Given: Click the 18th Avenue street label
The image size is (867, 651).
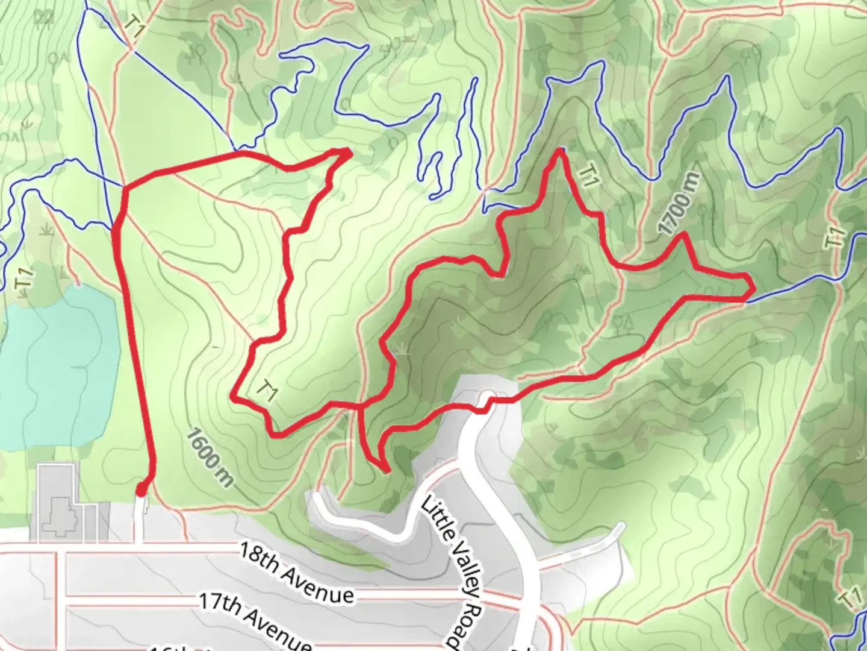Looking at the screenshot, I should pyautogui.click(x=296, y=572).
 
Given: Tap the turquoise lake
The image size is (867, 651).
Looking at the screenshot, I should pyautogui.click(x=57, y=368).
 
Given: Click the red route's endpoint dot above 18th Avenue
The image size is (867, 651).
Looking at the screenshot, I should pyautogui.click(x=141, y=491).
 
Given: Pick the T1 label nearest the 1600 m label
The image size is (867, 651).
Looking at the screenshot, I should pyautogui.click(x=266, y=391).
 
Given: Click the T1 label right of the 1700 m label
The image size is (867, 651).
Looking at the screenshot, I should pyautogui.click(x=834, y=237).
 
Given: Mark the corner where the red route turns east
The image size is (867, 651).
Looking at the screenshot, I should pyautogui.click(x=125, y=189).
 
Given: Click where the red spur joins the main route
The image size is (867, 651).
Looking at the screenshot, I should pyautogui.click(x=360, y=406).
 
